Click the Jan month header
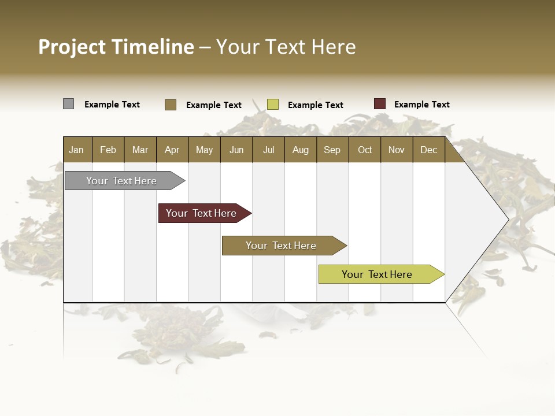point(77,150)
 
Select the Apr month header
point(172,150)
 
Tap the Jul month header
point(268,150)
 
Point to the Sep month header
point(332,150)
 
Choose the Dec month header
point(428,150)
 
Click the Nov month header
point(397,150)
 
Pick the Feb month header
point(108,150)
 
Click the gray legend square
point(68,104)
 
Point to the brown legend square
point(170,105)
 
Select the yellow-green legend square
point(273,105)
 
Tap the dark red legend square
point(380,104)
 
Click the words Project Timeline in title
point(116,47)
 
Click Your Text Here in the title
point(286,47)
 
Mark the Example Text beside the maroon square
point(421,105)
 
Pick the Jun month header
point(236,150)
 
